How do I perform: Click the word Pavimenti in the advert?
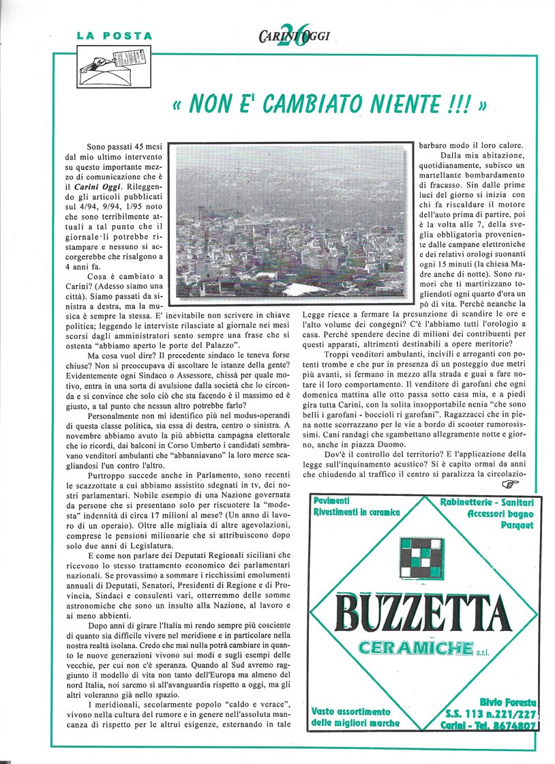332,501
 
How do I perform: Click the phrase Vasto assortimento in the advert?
351,711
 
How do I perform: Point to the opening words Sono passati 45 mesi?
124,147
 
